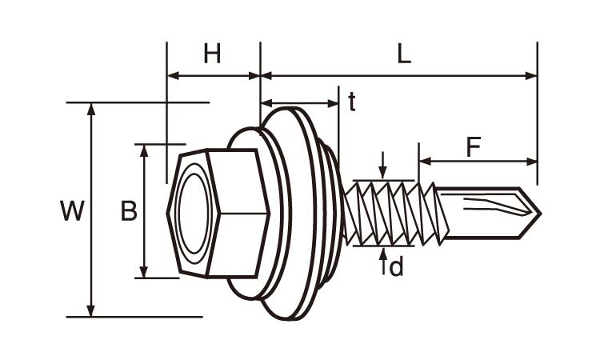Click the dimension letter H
[212, 54]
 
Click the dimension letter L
[404, 54]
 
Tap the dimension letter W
[72, 211]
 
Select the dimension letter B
[129, 211]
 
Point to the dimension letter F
[474, 147]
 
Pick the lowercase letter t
[352, 101]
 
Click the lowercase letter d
[396, 266]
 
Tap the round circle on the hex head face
[194, 211]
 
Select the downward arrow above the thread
[384, 171]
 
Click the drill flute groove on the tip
[492, 206]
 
